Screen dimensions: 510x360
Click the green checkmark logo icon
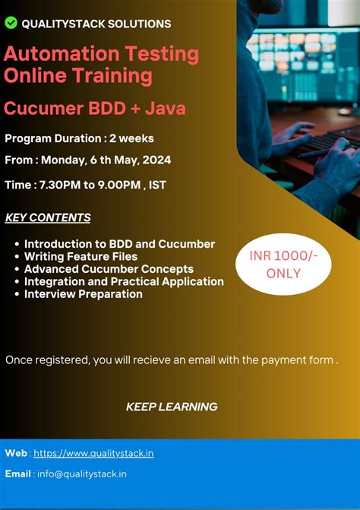[11, 23]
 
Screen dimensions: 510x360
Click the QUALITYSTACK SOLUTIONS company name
[96, 24]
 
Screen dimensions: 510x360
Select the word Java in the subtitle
[166, 109]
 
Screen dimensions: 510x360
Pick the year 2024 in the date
[156, 160]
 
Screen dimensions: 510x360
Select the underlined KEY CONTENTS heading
[48, 218]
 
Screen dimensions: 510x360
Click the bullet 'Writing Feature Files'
[81, 257]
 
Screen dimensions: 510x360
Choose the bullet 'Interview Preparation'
[83, 293]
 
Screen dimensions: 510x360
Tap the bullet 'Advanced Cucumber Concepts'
[109, 269]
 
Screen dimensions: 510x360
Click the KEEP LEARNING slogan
[172, 407]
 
